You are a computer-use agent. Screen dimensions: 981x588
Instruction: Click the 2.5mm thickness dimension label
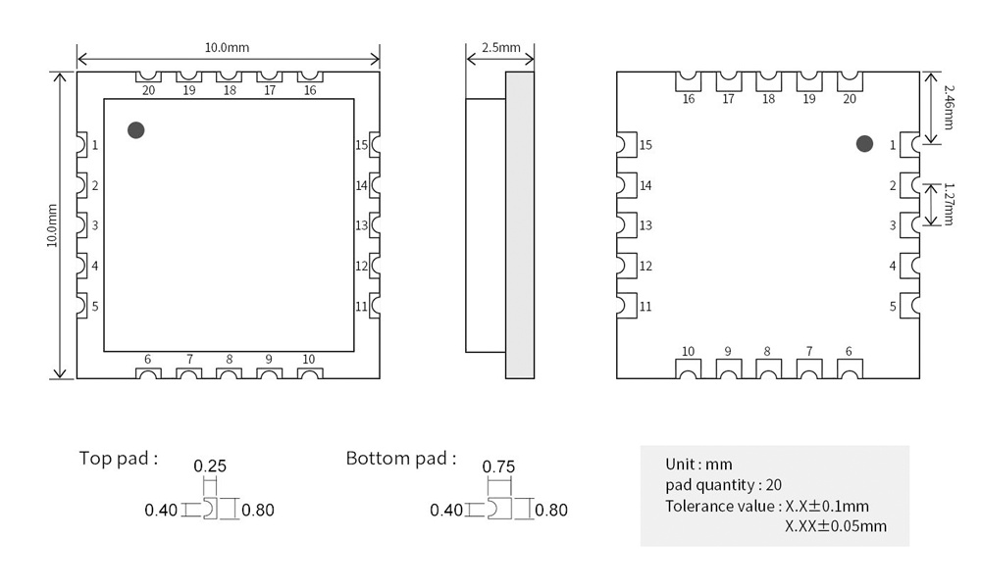click(x=501, y=47)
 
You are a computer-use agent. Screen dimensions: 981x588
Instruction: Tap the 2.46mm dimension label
click(x=949, y=107)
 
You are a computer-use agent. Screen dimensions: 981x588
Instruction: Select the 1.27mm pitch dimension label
click(x=949, y=204)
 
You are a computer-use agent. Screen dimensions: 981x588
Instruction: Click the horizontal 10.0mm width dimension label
click(x=228, y=47)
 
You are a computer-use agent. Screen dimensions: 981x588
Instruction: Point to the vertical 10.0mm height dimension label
click(x=52, y=225)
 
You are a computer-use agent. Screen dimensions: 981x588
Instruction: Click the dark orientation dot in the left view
click(x=135, y=130)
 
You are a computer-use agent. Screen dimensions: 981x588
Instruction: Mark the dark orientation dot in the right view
click(x=864, y=144)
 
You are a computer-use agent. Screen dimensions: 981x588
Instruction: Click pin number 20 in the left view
click(x=148, y=90)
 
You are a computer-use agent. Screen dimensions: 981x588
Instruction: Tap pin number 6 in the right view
click(x=849, y=351)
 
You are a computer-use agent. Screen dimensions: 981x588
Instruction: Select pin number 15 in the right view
click(x=645, y=145)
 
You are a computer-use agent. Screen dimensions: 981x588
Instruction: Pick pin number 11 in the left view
click(x=362, y=307)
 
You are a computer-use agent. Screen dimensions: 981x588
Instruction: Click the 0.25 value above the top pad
click(x=210, y=466)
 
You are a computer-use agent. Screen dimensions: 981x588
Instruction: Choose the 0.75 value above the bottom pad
click(x=498, y=466)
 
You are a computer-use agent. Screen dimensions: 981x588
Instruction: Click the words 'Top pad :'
click(x=119, y=459)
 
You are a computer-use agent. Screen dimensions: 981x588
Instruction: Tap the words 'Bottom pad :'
click(x=401, y=459)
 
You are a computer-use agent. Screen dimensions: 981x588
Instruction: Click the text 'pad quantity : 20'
click(x=723, y=485)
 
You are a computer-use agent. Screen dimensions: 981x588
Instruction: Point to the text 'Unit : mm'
click(x=698, y=465)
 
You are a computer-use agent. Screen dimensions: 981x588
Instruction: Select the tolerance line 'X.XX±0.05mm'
click(x=836, y=526)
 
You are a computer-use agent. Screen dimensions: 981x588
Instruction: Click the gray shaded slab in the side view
click(x=520, y=225)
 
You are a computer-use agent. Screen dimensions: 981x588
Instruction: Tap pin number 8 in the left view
click(x=229, y=360)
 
